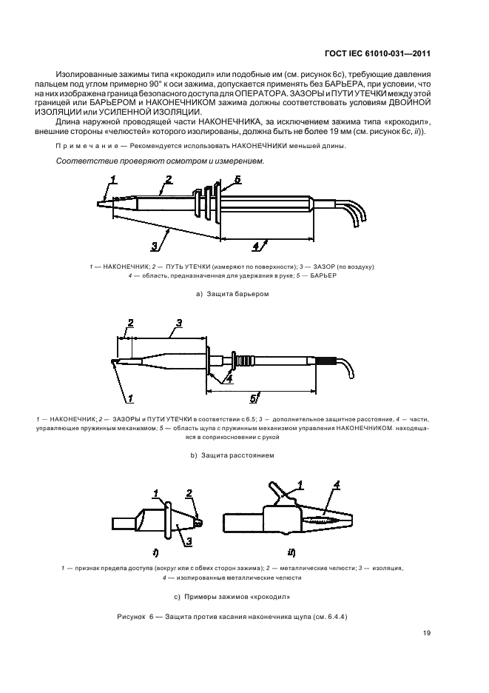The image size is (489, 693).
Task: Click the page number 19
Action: (427, 632)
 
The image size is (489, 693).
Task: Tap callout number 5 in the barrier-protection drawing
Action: (237, 180)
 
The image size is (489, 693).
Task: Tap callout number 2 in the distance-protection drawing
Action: (130, 323)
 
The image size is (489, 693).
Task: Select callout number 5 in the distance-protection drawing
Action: (252, 399)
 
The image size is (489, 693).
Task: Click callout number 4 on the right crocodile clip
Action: (337, 486)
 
